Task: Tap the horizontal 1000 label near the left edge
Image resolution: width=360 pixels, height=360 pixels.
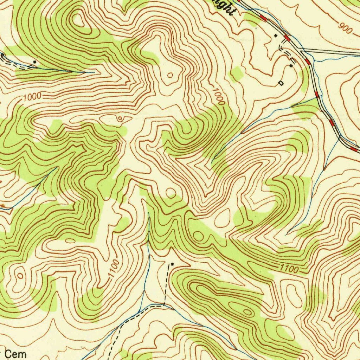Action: click(x=33, y=96)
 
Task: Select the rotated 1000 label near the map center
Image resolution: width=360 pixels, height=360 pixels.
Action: click(x=219, y=96)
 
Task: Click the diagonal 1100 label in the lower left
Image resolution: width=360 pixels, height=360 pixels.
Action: click(x=113, y=269)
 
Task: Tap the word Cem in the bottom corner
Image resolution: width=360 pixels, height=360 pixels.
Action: click(x=16, y=354)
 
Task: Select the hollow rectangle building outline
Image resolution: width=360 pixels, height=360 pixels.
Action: click(x=281, y=83)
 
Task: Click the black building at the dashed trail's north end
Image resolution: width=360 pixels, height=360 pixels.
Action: click(x=172, y=264)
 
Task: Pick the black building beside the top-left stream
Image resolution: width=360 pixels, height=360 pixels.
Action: click(x=34, y=62)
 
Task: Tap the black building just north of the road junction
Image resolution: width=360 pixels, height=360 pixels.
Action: click(x=276, y=36)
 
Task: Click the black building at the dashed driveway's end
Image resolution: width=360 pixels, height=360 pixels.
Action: click(x=291, y=65)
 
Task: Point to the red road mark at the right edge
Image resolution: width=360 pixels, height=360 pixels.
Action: click(x=354, y=149)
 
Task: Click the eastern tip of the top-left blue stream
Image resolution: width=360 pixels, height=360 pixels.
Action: click(x=94, y=73)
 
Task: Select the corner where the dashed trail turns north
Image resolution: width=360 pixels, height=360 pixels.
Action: click(x=164, y=305)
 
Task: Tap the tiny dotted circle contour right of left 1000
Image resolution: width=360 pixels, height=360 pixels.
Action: click(x=120, y=119)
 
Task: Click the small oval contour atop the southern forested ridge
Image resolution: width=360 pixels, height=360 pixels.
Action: click(x=248, y=312)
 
